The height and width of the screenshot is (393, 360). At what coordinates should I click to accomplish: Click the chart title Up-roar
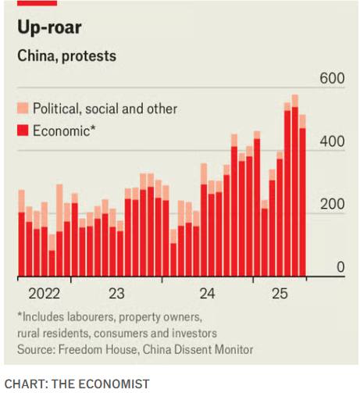pyautogui.click(x=49, y=29)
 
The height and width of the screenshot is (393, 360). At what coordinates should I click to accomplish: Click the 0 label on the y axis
pyautogui.click(x=340, y=268)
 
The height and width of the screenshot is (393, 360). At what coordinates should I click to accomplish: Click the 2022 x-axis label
pyautogui.click(x=44, y=294)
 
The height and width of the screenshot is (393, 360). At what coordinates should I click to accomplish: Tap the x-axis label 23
pyautogui.click(x=116, y=294)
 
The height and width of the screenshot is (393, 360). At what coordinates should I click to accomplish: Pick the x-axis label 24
pyautogui.click(x=207, y=294)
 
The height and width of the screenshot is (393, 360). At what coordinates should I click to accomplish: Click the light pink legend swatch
pyautogui.click(x=23, y=109)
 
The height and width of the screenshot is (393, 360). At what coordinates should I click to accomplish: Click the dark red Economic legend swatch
pyautogui.click(x=23, y=130)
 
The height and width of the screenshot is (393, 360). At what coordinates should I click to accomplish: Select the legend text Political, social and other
pyautogui.click(x=105, y=109)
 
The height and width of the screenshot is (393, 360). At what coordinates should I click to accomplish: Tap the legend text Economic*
pyautogui.click(x=64, y=130)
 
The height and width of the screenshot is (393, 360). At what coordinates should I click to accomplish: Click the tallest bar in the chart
pyautogui.click(x=294, y=188)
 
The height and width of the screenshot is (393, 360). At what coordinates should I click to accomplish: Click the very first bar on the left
pyautogui.click(x=21, y=234)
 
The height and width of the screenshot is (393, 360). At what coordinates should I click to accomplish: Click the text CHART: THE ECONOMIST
pyautogui.click(x=77, y=383)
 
